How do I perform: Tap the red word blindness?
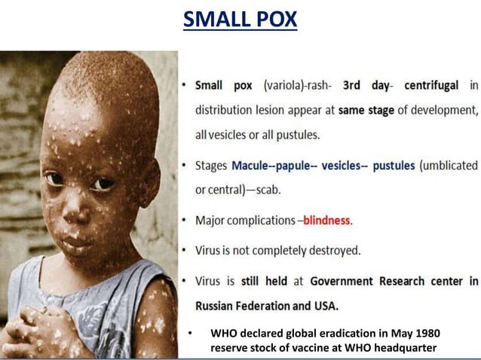tap(326, 221)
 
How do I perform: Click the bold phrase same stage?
tap(366, 110)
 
